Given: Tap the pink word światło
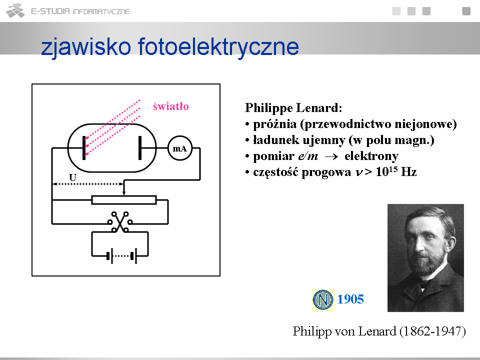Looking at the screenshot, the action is click(x=171, y=106).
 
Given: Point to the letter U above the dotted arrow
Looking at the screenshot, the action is click(x=72, y=177).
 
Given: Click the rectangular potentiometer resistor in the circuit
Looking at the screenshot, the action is click(x=124, y=200).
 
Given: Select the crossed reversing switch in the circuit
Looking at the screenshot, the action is click(x=120, y=221).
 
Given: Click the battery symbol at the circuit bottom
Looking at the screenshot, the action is click(x=121, y=256).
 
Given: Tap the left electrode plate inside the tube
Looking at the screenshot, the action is click(x=84, y=148).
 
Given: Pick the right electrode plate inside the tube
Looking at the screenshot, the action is click(x=140, y=148).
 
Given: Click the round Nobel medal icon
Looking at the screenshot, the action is click(x=323, y=300).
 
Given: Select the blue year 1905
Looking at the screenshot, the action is click(x=350, y=299).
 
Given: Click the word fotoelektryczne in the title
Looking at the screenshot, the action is click(x=218, y=47).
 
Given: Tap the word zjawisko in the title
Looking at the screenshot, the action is click(x=86, y=47).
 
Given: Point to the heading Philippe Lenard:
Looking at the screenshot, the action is click(x=293, y=108).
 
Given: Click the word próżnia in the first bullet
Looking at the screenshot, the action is click(x=275, y=124).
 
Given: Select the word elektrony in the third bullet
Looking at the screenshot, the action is click(x=371, y=156).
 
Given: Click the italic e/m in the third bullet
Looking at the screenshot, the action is click(x=308, y=156).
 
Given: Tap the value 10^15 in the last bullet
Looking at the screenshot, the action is click(x=386, y=171).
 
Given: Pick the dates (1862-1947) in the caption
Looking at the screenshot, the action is click(x=432, y=331).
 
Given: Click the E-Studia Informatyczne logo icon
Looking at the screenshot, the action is click(x=15, y=10).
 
